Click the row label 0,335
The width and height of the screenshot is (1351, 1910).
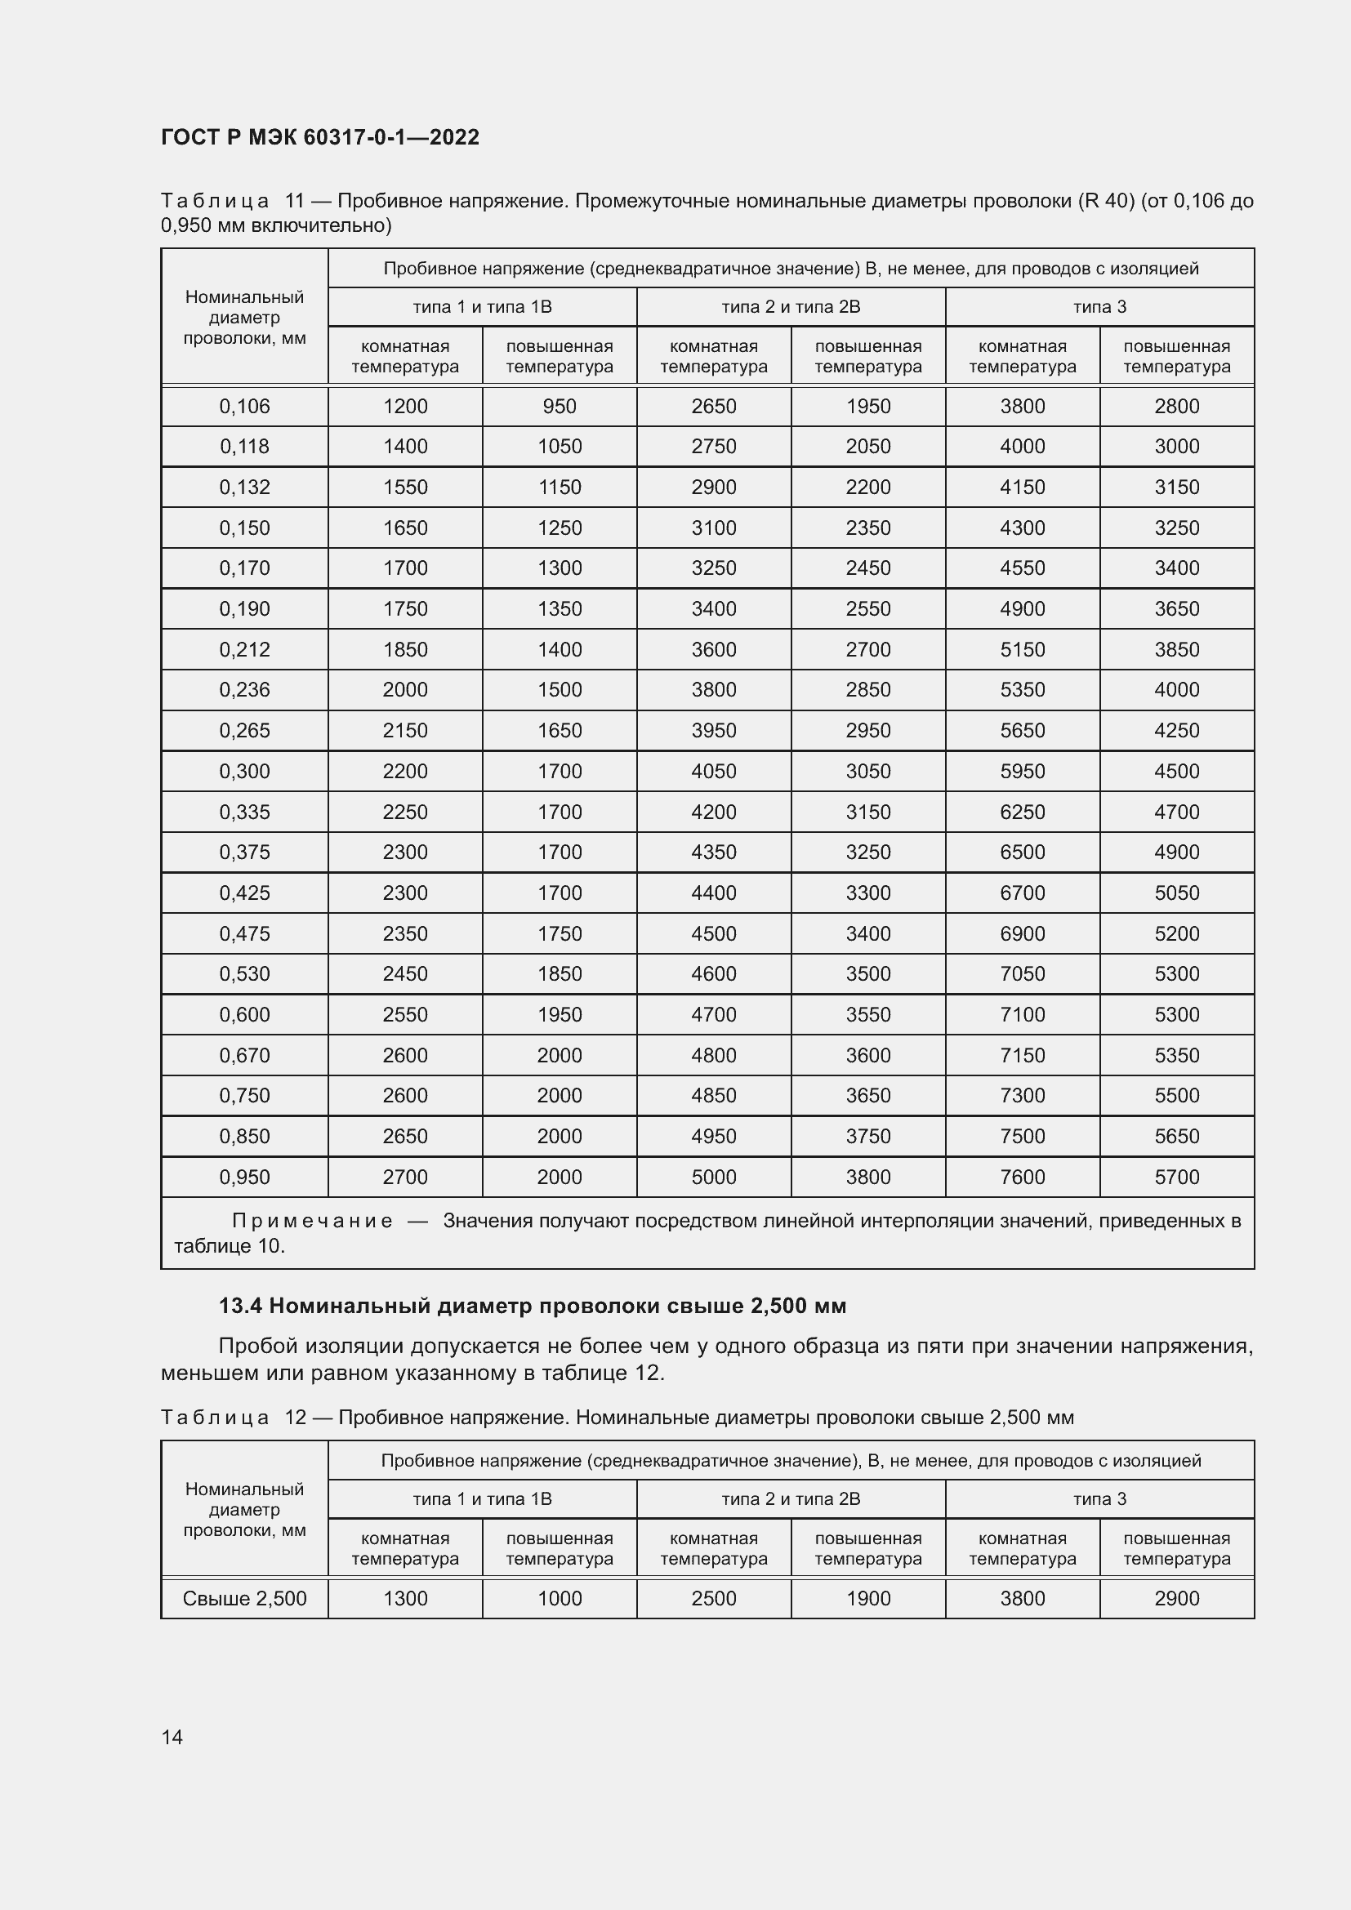[244, 812]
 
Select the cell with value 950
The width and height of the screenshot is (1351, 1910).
[559, 406]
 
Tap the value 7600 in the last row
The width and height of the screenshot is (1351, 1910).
[1022, 1178]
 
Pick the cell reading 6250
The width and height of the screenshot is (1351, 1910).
[1022, 812]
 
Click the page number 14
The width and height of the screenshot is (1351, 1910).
[172, 1737]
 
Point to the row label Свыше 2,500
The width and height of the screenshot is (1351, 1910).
[244, 1599]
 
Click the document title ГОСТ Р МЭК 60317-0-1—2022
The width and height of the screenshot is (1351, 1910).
[319, 137]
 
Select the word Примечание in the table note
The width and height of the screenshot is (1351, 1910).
[312, 1221]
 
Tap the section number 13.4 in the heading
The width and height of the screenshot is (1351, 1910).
[240, 1306]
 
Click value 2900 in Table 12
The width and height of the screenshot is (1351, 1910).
[1176, 1599]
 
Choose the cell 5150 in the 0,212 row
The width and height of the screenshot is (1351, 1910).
[1022, 650]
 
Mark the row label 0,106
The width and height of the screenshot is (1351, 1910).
[244, 406]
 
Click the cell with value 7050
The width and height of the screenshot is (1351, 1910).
[1022, 974]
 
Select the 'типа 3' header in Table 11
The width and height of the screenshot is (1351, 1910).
[1099, 307]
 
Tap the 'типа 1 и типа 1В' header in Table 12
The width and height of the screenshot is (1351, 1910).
[482, 1499]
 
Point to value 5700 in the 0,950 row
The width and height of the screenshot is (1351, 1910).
[1176, 1178]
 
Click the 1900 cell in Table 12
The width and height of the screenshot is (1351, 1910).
[867, 1599]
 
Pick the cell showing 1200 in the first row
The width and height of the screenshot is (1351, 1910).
[405, 406]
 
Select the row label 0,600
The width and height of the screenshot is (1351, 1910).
[244, 1015]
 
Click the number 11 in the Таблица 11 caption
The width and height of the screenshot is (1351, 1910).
[295, 202]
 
